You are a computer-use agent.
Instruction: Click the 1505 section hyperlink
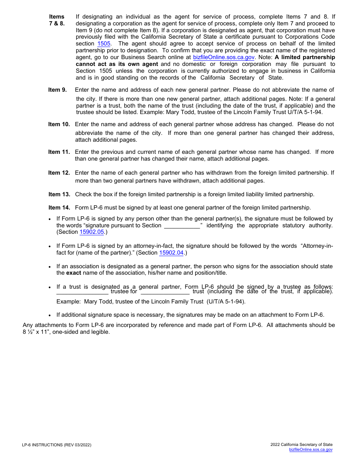104,44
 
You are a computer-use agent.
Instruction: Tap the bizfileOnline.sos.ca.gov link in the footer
310,450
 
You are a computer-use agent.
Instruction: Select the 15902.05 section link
92,232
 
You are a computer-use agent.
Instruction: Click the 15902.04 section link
171,253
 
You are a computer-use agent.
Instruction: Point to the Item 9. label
57,90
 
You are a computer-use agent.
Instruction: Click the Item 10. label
59,125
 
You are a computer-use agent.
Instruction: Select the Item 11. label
59,152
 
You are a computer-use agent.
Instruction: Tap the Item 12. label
59,173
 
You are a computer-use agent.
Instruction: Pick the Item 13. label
59,195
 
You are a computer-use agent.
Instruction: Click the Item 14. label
59,208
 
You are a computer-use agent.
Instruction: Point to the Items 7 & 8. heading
57,20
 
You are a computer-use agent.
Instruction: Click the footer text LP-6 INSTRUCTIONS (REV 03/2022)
56,445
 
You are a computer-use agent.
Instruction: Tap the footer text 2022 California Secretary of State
301,445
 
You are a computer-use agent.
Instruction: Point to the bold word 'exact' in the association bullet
74,273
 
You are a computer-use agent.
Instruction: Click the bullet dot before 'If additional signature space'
50,316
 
